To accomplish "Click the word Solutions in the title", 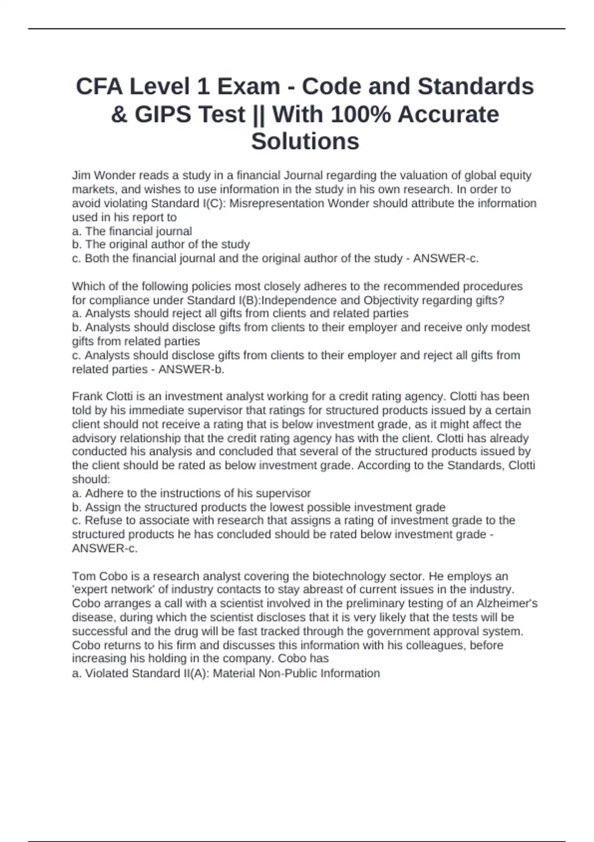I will (305, 142).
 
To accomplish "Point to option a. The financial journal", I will (132, 231).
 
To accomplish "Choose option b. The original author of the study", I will (161, 245).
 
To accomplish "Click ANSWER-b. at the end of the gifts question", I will (191, 369).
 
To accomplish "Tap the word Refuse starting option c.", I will (102, 521).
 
